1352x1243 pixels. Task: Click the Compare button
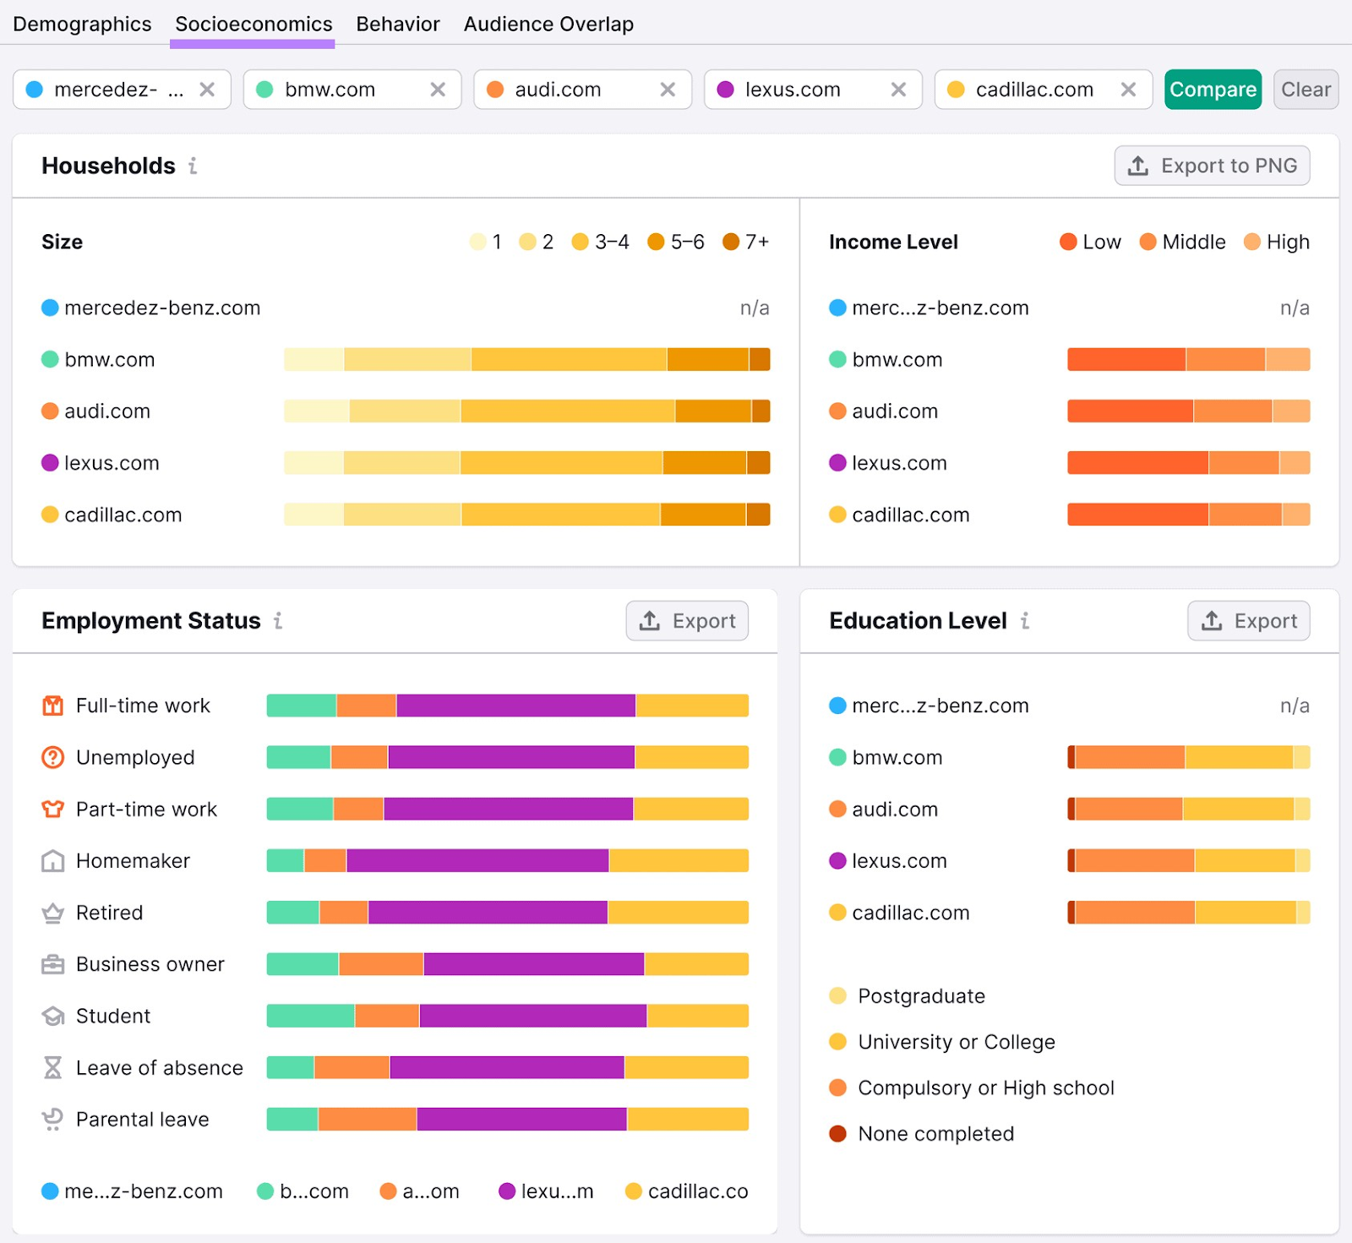click(1212, 90)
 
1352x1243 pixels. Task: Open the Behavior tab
click(397, 24)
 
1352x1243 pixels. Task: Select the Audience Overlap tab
click(548, 24)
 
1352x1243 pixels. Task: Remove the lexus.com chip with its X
click(898, 90)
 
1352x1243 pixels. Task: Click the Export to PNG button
click(1212, 166)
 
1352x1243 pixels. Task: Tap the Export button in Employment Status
click(686, 621)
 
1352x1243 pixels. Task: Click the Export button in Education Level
click(1248, 621)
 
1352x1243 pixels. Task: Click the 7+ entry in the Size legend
click(745, 243)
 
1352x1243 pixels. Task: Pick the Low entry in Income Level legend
click(1090, 243)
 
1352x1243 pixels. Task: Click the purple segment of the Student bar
click(532, 1016)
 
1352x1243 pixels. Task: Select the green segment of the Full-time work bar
click(301, 706)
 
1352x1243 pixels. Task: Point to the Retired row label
click(109, 913)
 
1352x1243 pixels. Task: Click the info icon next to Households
click(193, 166)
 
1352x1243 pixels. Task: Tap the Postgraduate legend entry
click(920, 996)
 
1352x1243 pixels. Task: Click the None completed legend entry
click(935, 1134)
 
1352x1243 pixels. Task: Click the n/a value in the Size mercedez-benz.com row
click(754, 308)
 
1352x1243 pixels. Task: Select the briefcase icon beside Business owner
click(52, 964)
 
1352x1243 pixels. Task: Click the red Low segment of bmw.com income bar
click(1126, 360)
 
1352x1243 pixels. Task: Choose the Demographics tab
click(82, 24)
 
